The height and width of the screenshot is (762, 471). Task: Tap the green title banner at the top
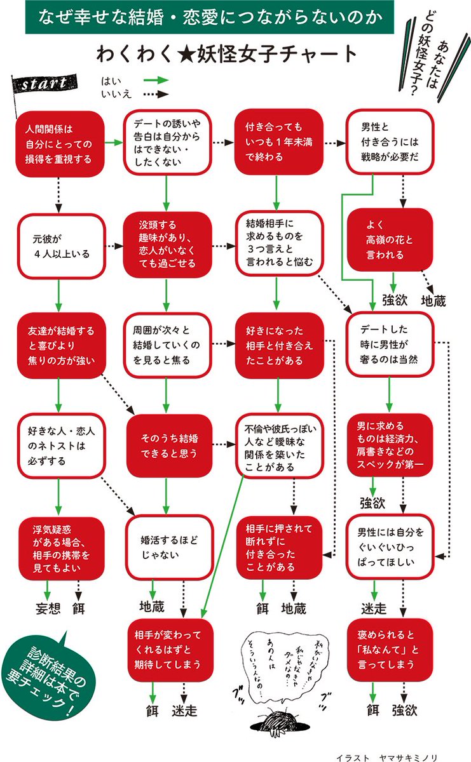[210, 17]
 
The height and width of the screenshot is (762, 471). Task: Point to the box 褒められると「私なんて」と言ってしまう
[390, 650]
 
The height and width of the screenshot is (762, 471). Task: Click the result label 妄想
[48, 608]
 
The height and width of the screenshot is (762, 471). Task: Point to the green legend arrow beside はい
[154, 81]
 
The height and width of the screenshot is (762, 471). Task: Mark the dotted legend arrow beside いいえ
[154, 95]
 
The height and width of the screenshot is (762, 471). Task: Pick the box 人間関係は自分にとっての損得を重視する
[59, 143]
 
